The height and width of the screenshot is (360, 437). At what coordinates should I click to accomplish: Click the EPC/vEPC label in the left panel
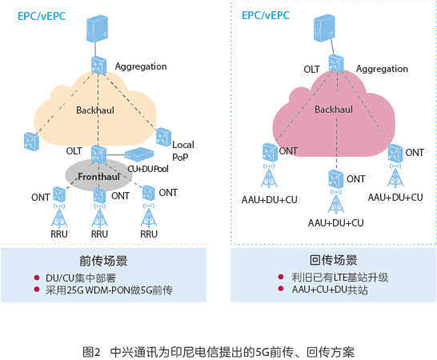pos(42,16)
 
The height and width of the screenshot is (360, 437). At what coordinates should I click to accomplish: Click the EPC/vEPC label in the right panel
pos(266,15)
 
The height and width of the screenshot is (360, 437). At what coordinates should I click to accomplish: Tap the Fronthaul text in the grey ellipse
pos(98,177)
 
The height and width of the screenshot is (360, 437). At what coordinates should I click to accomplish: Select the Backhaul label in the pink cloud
pos(334,110)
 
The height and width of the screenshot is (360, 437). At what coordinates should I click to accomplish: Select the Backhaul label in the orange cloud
pos(95,110)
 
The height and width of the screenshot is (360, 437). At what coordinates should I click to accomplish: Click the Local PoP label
pos(183,150)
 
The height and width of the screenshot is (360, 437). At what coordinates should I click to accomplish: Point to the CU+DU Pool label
pos(148,169)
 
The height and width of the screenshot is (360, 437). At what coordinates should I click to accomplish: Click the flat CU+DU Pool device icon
pos(139,154)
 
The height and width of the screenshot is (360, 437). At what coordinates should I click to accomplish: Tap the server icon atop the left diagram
pos(97,29)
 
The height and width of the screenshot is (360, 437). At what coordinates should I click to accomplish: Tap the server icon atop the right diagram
pos(324,28)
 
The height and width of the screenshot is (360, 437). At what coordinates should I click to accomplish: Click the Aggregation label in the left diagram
pos(141,66)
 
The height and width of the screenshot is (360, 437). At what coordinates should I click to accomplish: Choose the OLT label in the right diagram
pos(311,70)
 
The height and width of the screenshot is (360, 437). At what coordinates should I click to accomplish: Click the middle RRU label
pos(99,234)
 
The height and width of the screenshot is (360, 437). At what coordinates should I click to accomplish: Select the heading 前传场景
pos(103,261)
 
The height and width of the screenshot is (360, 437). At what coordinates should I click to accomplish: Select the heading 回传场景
pos(333,260)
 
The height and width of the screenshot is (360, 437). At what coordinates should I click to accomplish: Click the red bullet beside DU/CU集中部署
pos(37,278)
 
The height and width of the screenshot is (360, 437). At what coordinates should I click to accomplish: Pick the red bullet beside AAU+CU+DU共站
pos(281,289)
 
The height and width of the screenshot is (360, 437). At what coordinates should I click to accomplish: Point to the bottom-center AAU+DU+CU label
pos(336,223)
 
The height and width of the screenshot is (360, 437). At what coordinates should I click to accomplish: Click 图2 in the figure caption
pos(91,352)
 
